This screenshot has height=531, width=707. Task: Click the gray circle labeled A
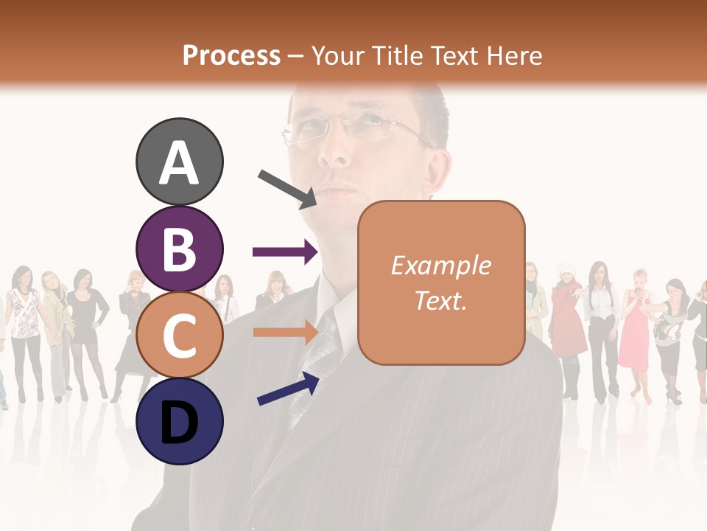click(x=179, y=162)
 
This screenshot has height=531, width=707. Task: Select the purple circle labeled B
click(x=179, y=249)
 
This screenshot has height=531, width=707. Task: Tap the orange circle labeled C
click(x=179, y=335)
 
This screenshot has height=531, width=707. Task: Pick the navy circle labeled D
click(x=179, y=421)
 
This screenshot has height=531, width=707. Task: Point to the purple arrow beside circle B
click(x=285, y=253)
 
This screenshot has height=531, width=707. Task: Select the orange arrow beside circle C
click(x=285, y=333)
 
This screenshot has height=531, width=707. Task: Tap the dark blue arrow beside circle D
click(x=287, y=389)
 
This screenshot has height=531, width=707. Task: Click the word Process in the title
click(x=231, y=55)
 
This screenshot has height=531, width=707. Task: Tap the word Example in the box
click(x=440, y=265)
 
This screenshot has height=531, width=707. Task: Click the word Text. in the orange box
click(x=440, y=301)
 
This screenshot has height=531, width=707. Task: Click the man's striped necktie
click(x=324, y=347)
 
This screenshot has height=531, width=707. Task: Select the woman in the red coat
click(x=568, y=317)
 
